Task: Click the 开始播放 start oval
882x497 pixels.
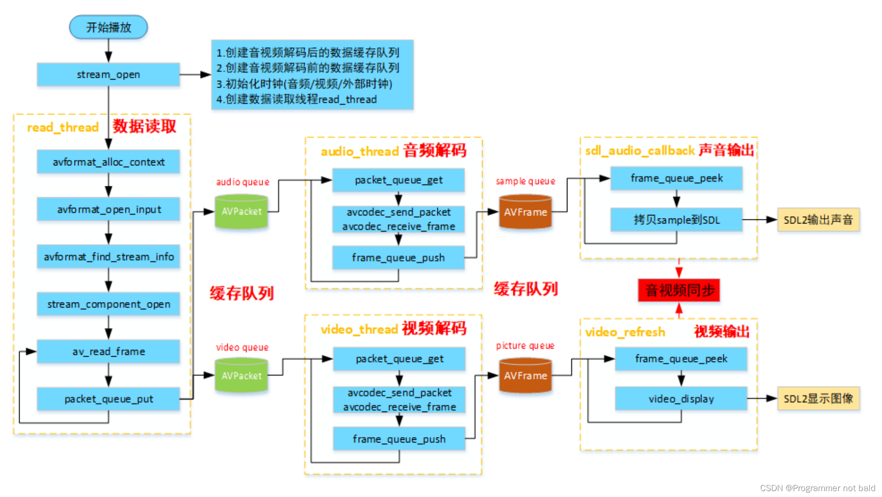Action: (108, 27)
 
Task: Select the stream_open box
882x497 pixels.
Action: (108, 75)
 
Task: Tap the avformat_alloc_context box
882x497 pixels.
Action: (108, 162)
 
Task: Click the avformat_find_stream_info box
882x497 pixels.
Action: (108, 257)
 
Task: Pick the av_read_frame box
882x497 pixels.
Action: (108, 351)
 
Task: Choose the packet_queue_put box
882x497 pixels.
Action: (108, 399)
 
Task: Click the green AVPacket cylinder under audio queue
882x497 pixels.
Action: (241, 211)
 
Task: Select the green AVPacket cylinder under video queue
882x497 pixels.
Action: (241, 375)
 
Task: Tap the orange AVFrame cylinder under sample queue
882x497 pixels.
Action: (526, 212)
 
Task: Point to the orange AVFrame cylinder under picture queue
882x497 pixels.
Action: (526, 375)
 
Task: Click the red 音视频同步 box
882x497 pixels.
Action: (679, 290)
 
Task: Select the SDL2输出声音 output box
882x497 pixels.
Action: (818, 220)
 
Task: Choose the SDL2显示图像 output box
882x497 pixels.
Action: (818, 398)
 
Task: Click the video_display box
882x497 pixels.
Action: (681, 398)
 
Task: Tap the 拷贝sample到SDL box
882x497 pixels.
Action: (677, 220)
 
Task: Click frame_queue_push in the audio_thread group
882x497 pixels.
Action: (398, 258)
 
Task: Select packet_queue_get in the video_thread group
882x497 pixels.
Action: (399, 358)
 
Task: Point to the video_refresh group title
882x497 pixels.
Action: (625, 332)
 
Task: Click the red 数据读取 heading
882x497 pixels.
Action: (144, 126)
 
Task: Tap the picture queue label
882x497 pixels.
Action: (525, 346)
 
